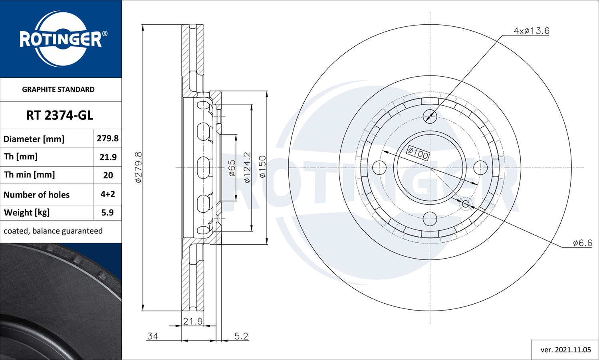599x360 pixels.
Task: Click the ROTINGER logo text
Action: pos(61,40)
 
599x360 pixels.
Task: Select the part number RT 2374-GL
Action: pos(60,115)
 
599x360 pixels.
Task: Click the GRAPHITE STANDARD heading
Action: pos(58,89)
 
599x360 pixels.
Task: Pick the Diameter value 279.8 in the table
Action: pos(107,138)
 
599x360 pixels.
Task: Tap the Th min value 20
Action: pos(108,175)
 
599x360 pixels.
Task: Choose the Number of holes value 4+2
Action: pos(108,194)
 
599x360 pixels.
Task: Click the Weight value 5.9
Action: pos(107,212)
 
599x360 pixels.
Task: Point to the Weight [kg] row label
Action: pos(27,212)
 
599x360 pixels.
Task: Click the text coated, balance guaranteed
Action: pos(53,231)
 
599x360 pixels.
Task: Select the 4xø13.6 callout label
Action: pos(532,31)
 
